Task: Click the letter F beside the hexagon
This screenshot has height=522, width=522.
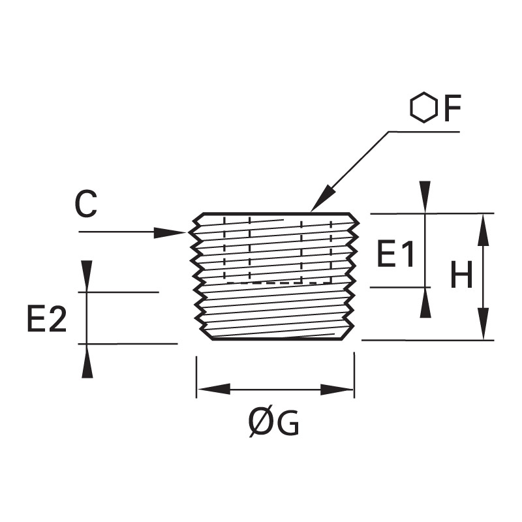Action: (452, 108)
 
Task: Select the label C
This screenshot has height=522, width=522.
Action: (86, 204)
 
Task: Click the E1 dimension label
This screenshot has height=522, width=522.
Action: (396, 254)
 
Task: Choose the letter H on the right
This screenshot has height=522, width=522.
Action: (461, 274)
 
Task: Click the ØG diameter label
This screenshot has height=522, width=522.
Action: (273, 423)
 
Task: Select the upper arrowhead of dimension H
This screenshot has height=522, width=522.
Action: (484, 230)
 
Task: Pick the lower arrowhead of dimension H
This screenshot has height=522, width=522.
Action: (484, 324)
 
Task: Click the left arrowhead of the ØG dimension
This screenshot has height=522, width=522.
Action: (214, 389)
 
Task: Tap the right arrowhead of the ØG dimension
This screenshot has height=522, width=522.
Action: (337, 389)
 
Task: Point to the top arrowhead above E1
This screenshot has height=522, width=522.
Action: (425, 197)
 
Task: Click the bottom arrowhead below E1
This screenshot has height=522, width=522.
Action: (425, 303)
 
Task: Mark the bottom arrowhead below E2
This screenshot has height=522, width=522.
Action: (87, 361)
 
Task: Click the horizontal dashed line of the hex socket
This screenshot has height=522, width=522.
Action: (279, 283)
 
